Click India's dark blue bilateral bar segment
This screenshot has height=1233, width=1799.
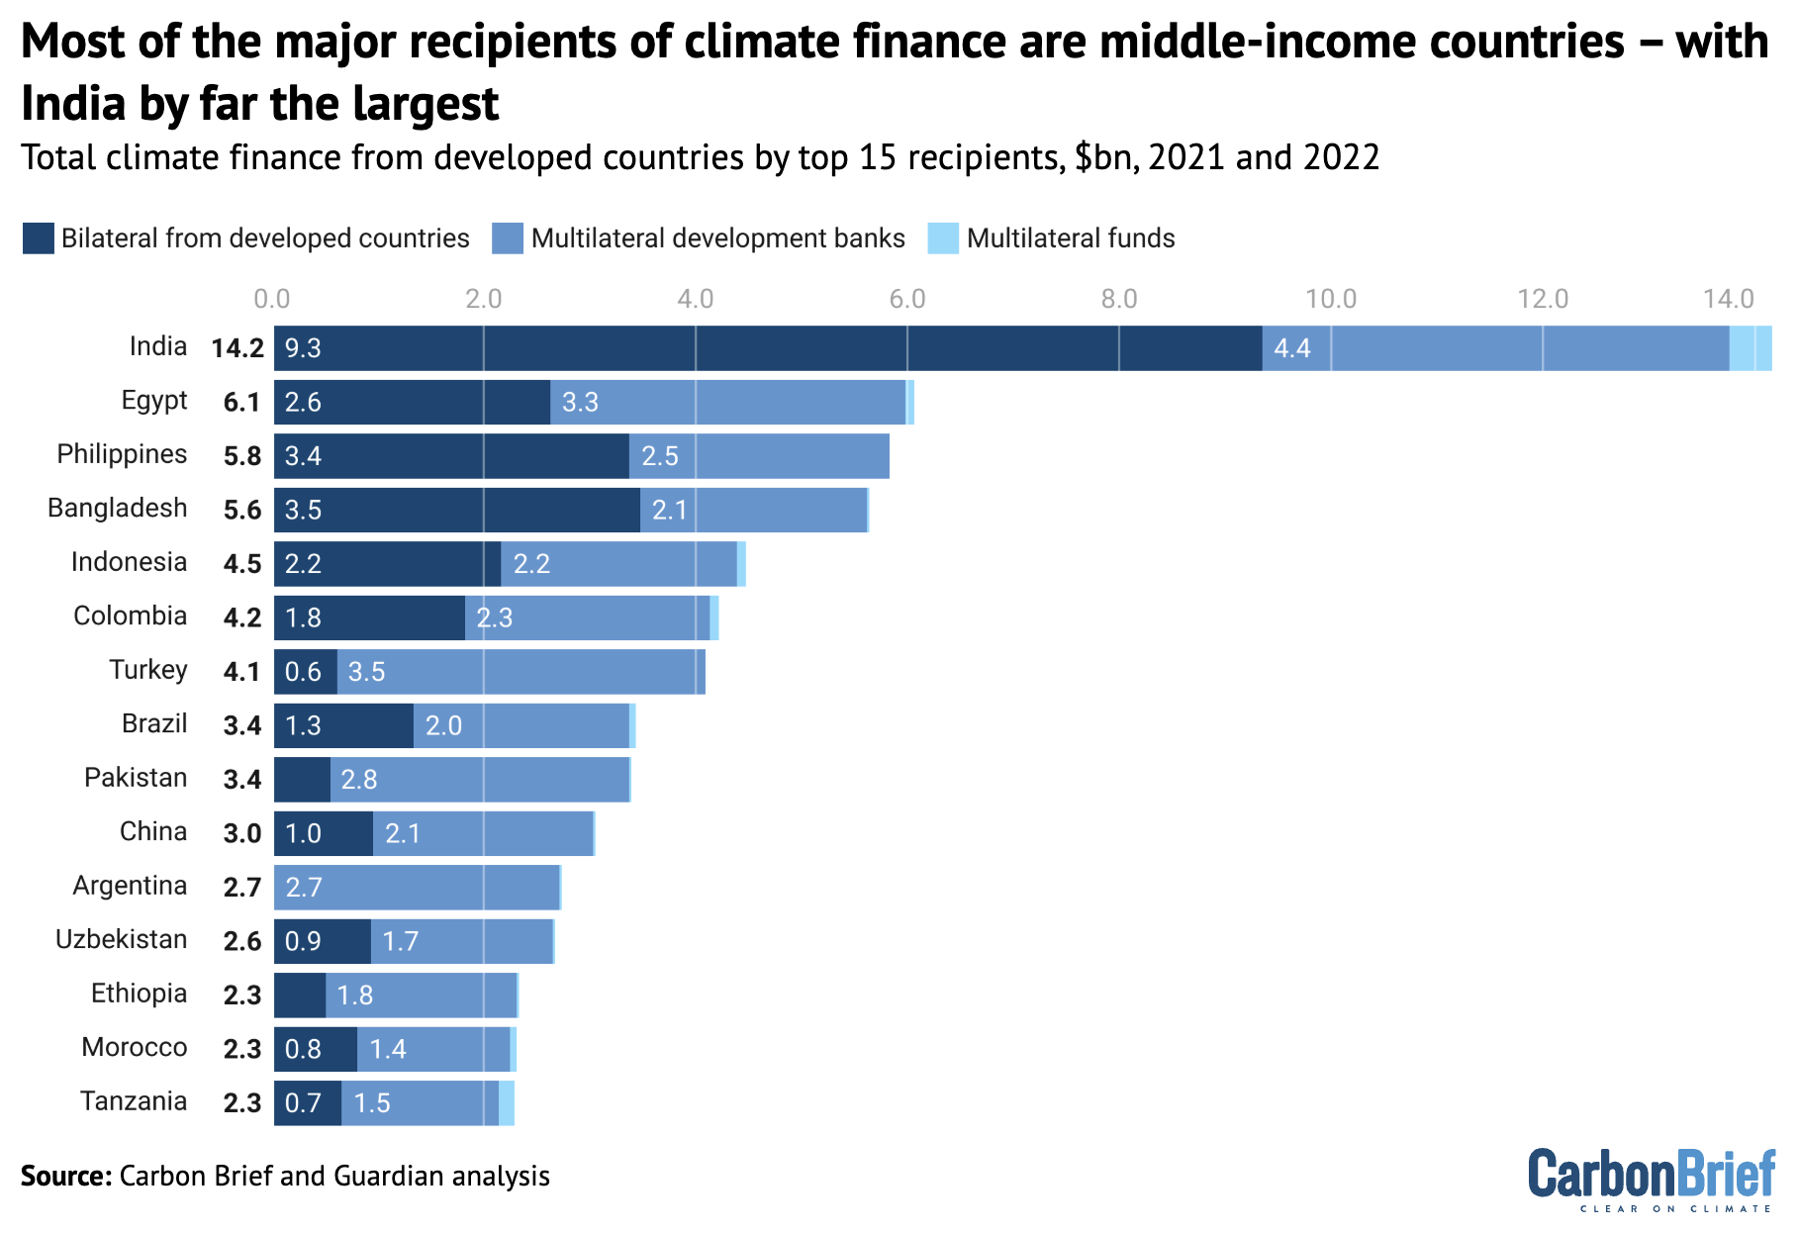(768, 348)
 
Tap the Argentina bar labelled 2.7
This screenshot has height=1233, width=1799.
(417, 887)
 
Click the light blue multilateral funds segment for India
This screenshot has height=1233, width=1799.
(1750, 348)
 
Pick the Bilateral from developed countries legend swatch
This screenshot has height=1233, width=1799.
(38, 238)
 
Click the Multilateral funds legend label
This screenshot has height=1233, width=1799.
(1071, 238)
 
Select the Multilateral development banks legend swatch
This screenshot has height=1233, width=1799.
(508, 238)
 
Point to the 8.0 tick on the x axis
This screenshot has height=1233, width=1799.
(1119, 299)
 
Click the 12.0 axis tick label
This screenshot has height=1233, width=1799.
(1543, 299)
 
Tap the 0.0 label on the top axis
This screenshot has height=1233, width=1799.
(272, 299)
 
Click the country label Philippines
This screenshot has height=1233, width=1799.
(122, 454)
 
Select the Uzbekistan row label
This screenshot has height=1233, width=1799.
(121, 939)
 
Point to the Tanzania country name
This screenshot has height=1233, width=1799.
(134, 1101)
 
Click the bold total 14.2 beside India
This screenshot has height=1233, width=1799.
(237, 348)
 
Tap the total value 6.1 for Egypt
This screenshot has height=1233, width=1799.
(241, 403)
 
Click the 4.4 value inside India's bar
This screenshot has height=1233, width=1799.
(1291, 348)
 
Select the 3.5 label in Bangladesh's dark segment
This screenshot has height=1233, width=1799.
(303, 511)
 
